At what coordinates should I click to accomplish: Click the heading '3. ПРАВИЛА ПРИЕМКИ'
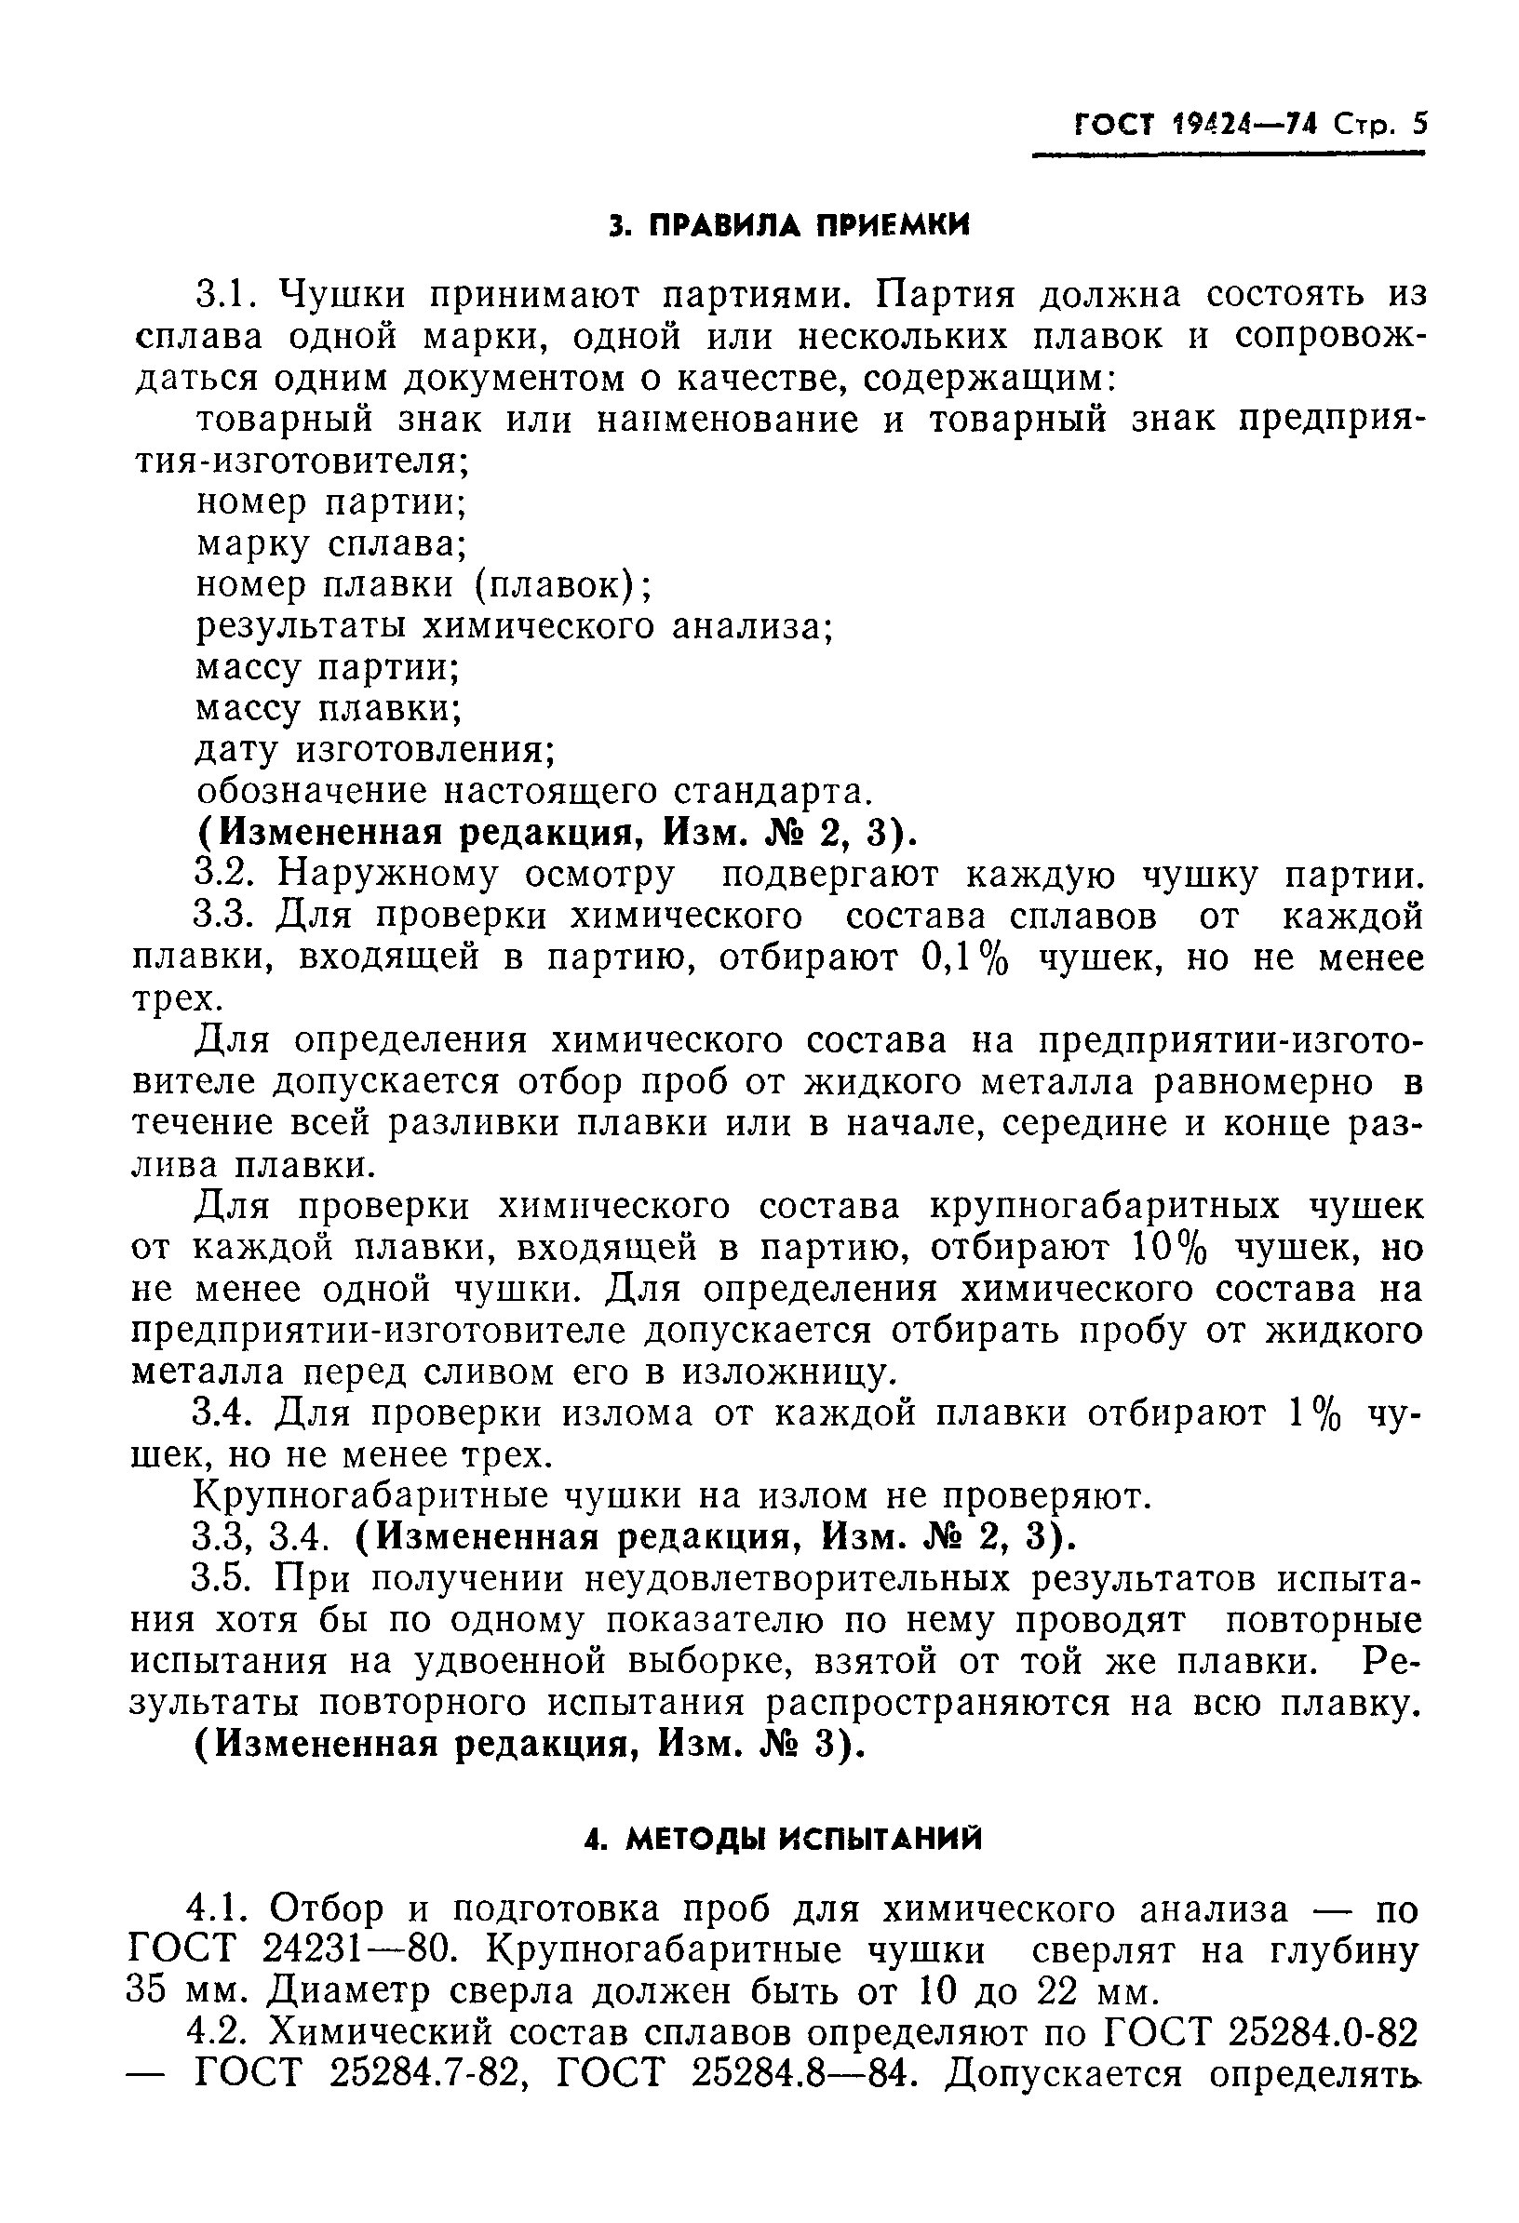click(x=789, y=226)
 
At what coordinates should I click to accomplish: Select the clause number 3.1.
click(x=226, y=294)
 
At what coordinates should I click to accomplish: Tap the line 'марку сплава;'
click(x=331, y=543)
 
